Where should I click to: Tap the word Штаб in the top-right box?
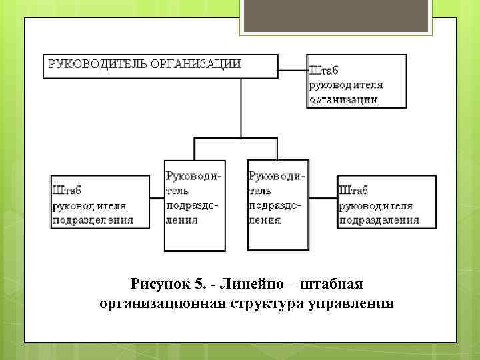click(325, 69)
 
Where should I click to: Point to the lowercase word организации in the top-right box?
click(343, 100)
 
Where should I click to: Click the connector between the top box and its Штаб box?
click(292, 67)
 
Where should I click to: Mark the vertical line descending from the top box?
click(241, 107)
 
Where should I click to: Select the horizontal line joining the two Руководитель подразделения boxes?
click(236, 137)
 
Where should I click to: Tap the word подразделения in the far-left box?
click(93, 220)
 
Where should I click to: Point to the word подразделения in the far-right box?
click(379, 220)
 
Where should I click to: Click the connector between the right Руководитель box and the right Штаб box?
click(323, 198)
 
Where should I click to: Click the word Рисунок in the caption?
click(159, 285)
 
